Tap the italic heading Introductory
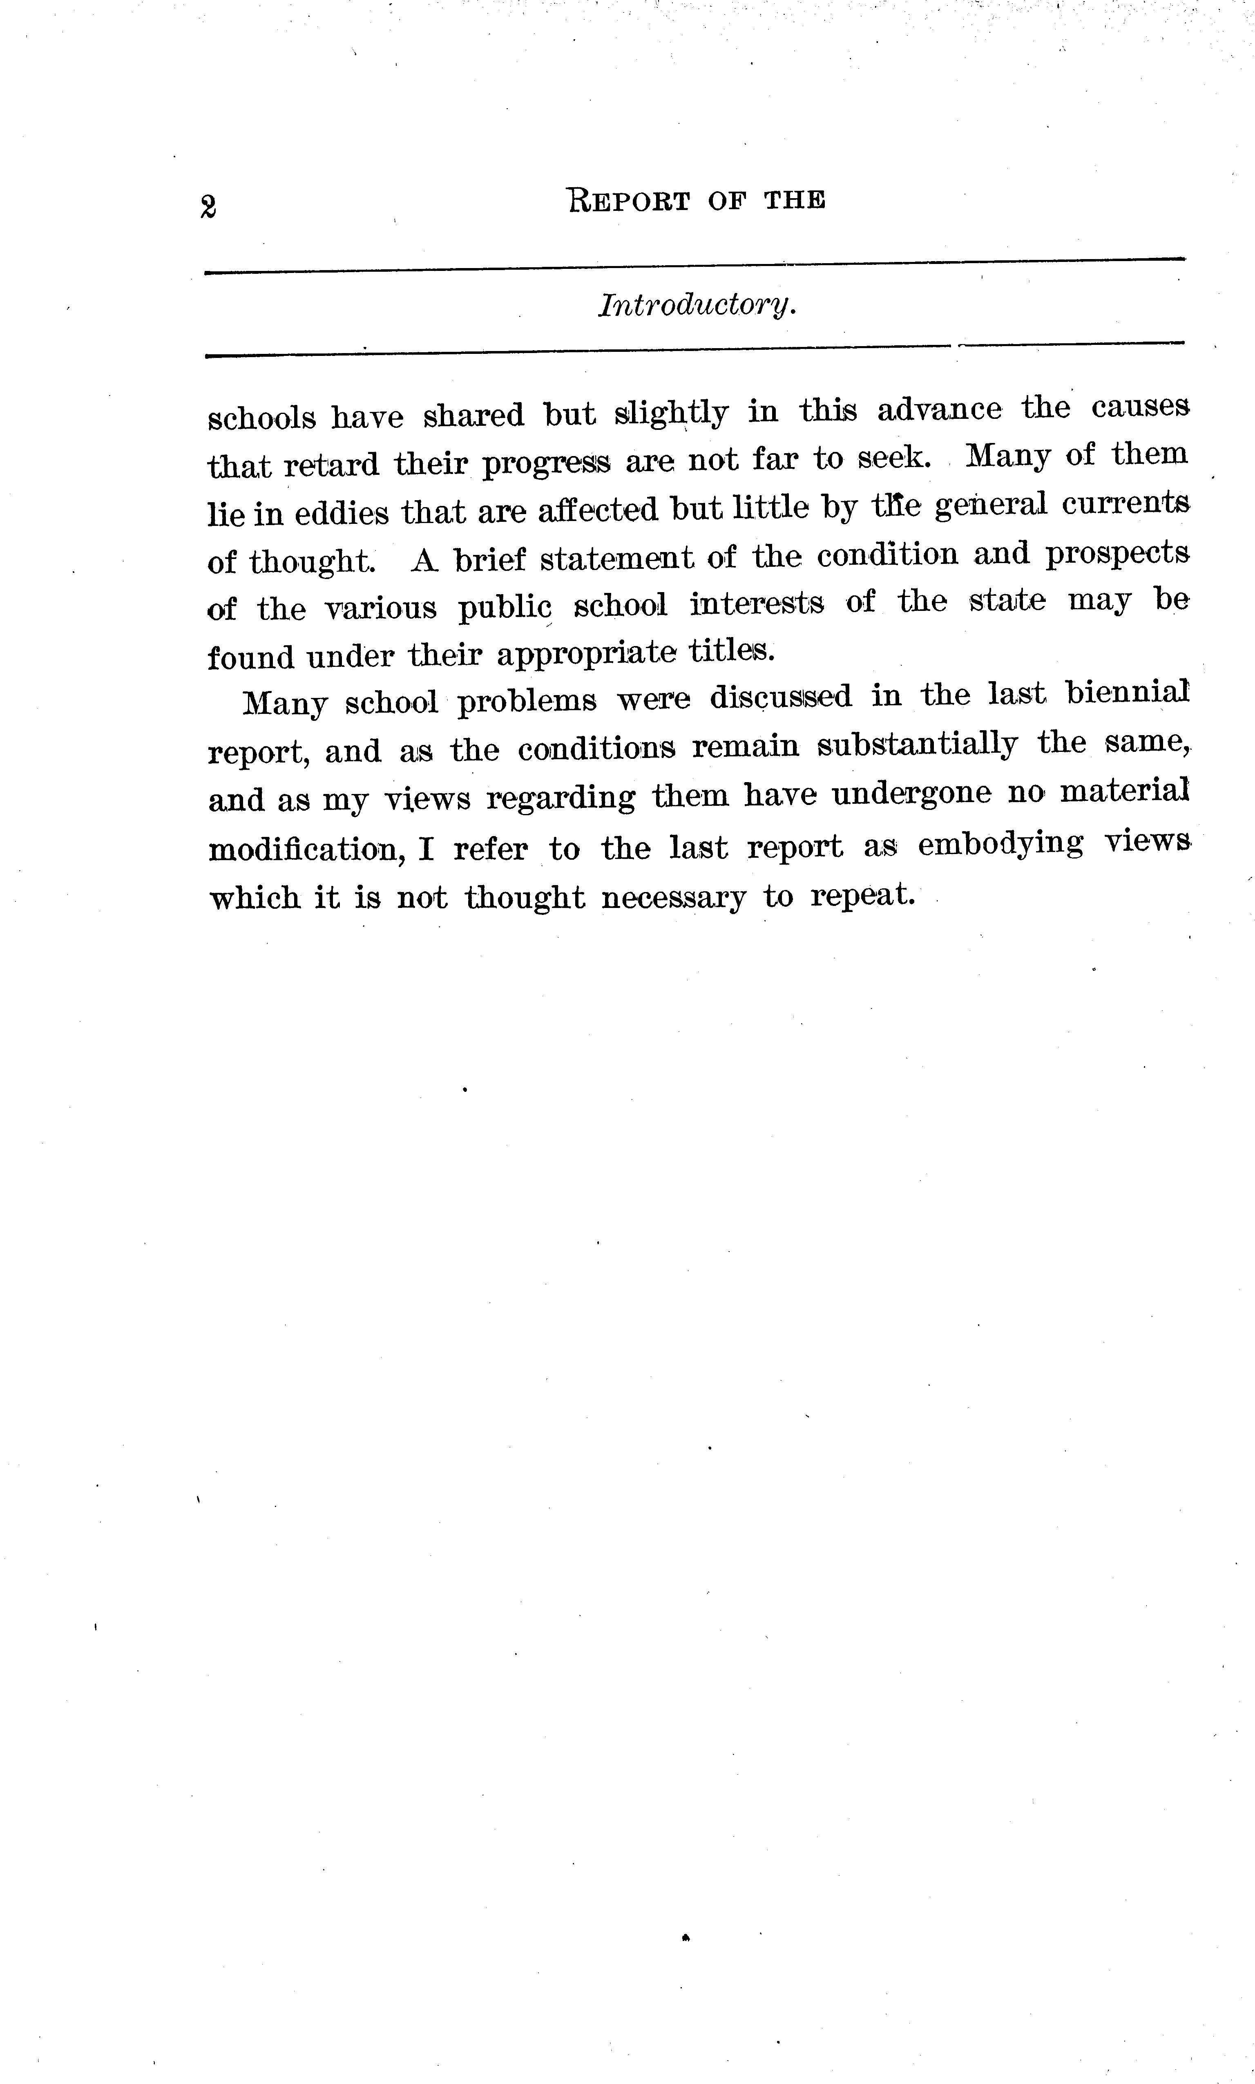point(697,305)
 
